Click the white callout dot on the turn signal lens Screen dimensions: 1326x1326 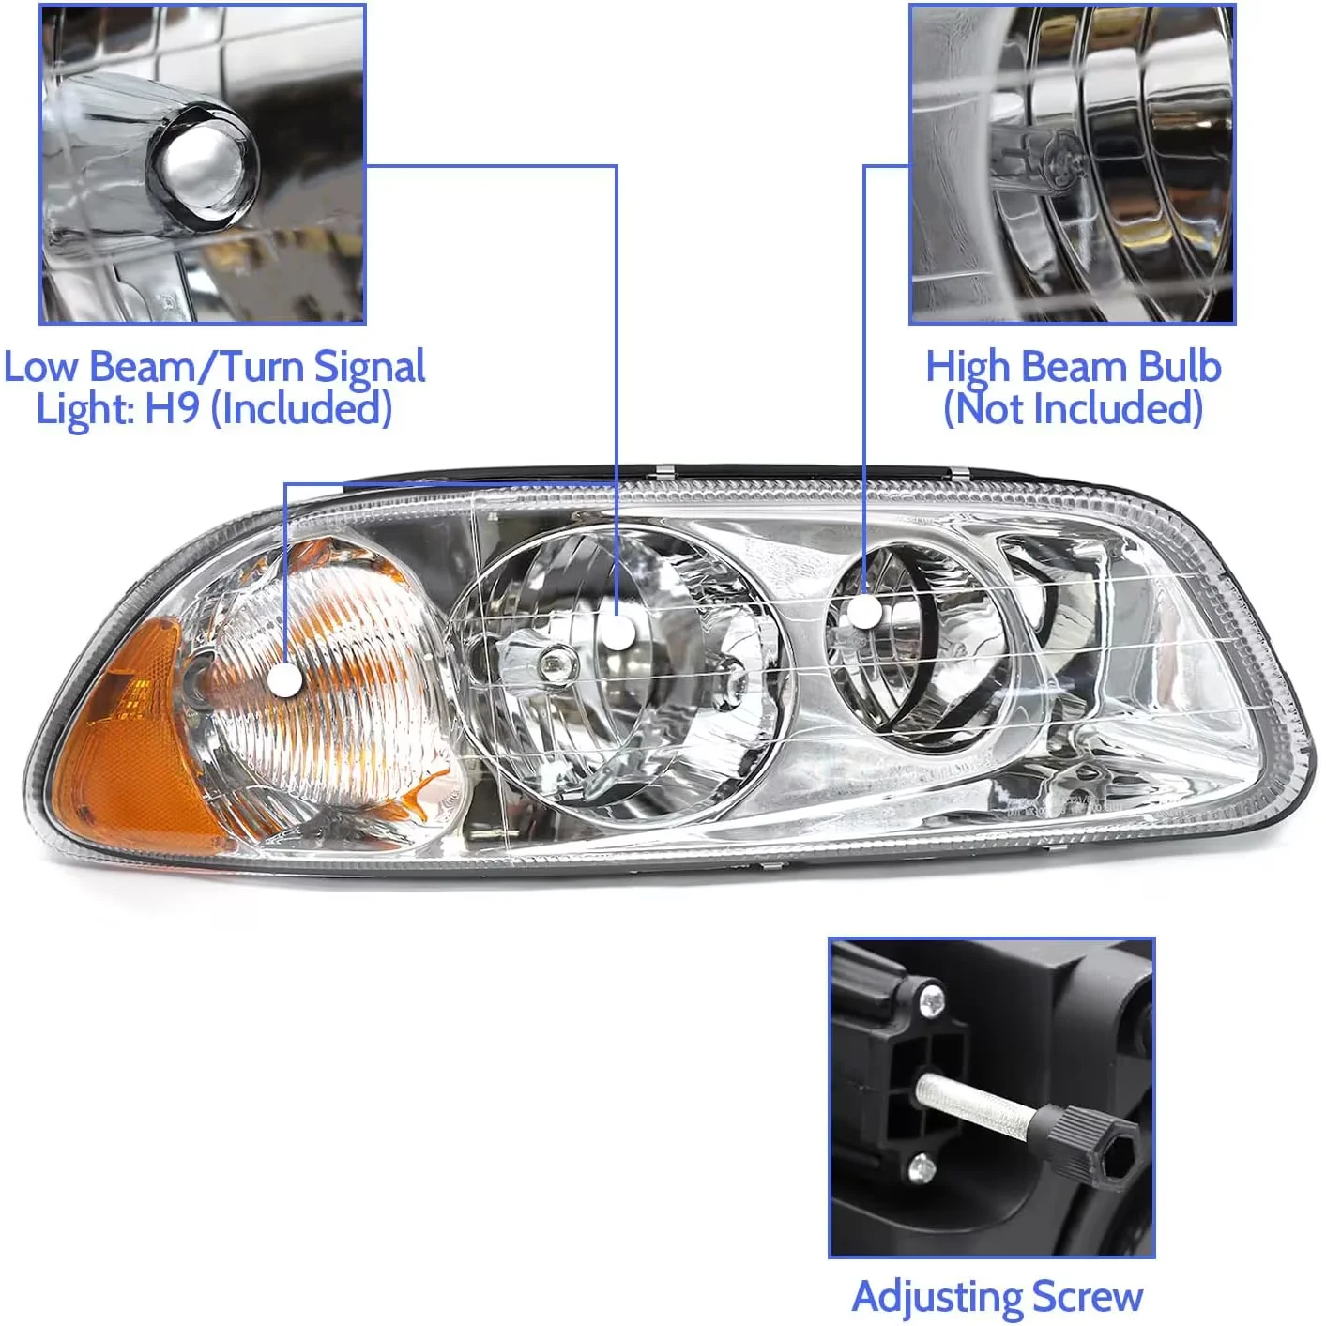(285, 679)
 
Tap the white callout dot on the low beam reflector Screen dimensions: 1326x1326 (617, 633)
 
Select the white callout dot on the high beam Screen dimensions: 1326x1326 (864, 611)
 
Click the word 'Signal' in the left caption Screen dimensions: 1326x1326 (370, 367)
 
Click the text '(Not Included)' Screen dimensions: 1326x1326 (1073, 408)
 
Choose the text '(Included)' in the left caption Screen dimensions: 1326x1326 (300, 408)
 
